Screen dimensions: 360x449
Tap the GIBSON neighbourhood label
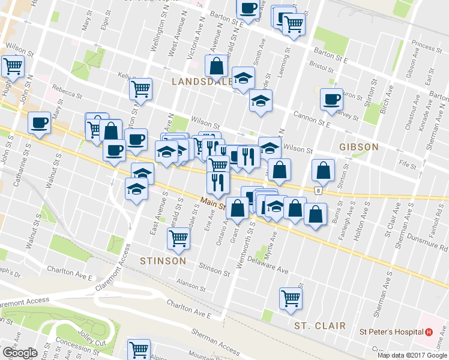[358, 146]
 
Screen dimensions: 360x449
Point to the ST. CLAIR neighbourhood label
[320, 326]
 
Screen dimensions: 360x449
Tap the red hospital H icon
[429, 332]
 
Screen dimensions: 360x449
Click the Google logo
[19, 353]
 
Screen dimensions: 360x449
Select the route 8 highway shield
[316, 191]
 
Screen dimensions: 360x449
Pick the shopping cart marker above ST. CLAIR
[291, 298]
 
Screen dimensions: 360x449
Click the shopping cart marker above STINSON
[179, 238]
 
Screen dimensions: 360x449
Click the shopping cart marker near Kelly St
[140, 89]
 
